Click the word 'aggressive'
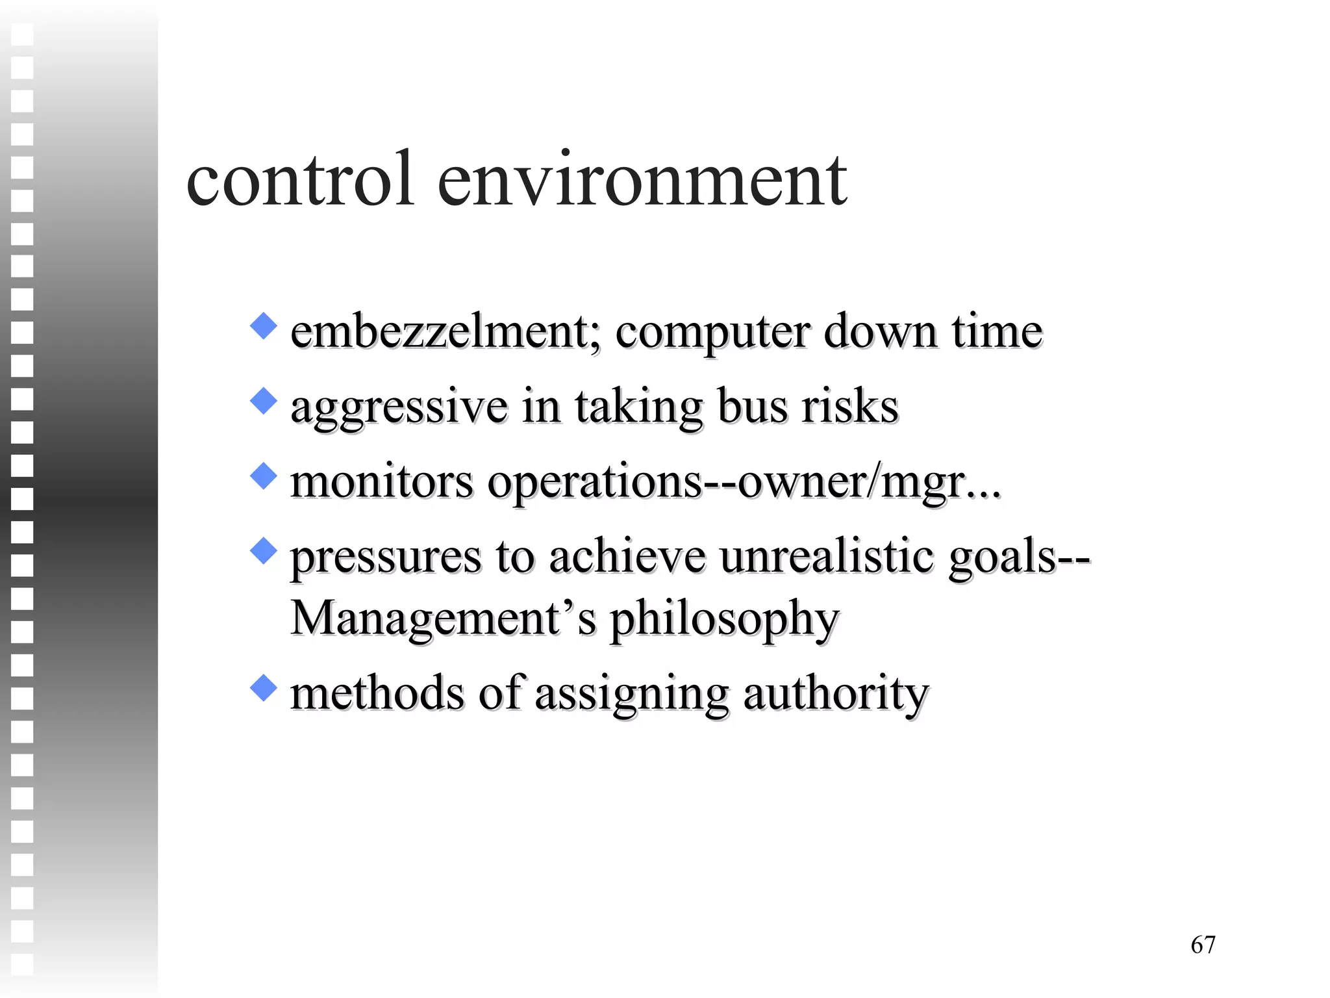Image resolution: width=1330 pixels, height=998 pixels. click(399, 408)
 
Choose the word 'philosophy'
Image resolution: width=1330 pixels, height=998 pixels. click(725, 619)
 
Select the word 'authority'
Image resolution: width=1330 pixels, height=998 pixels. click(836, 694)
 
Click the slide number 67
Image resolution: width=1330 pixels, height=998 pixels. click(1203, 944)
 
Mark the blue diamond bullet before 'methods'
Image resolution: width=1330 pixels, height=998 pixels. click(263, 687)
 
